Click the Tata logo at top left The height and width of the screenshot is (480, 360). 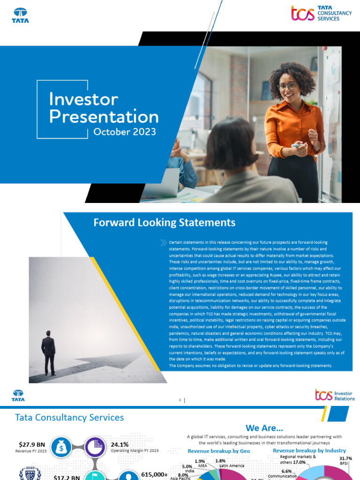pyautogui.click(x=20, y=15)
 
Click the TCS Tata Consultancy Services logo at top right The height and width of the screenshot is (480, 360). pyautogui.click(x=321, y=13)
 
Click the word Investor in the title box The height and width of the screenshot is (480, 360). pyautogui.click(x=83, y=99)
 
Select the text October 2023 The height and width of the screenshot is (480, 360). pyautogui.click(x=124, y=132)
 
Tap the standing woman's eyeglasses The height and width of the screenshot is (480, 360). pyautogui.click(x=288, y=86)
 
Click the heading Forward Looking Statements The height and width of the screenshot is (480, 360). pyautogui.click(x=164, y=222)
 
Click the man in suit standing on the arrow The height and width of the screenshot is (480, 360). pyautogui.click(x=48, y=352)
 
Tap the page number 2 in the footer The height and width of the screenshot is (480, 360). pyautogui.click(x=180, y=400)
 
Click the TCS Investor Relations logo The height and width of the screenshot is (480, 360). pyautogui.click(x=335, y=395)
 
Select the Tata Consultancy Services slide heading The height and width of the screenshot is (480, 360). pyautogui.click(x=69, y=417)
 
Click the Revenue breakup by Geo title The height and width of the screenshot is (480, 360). pyautogui.click(x=219, y=451)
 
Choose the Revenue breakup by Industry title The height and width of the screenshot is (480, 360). pyautogui.click(x=309, y=450)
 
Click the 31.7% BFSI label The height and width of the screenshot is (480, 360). pyautogui.click(x=345, y=458)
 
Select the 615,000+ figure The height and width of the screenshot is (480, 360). pyautogui.click(x=154, y=474)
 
